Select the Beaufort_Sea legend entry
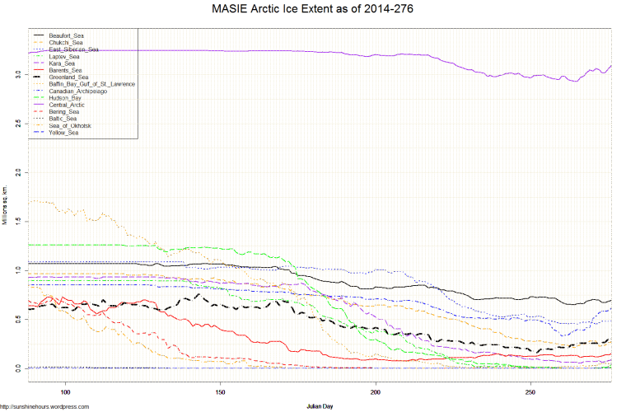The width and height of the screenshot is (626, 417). pos(67,36)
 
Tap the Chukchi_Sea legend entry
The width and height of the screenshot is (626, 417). pos(65,43)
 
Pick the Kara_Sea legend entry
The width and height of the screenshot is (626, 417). pos(62,63)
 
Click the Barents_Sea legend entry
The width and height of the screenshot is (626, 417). pos(65,71)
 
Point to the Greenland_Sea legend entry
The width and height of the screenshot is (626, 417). pos(68,77)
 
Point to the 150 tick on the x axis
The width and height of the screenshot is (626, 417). pos(220,391)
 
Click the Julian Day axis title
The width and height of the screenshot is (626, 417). pos(316,405)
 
